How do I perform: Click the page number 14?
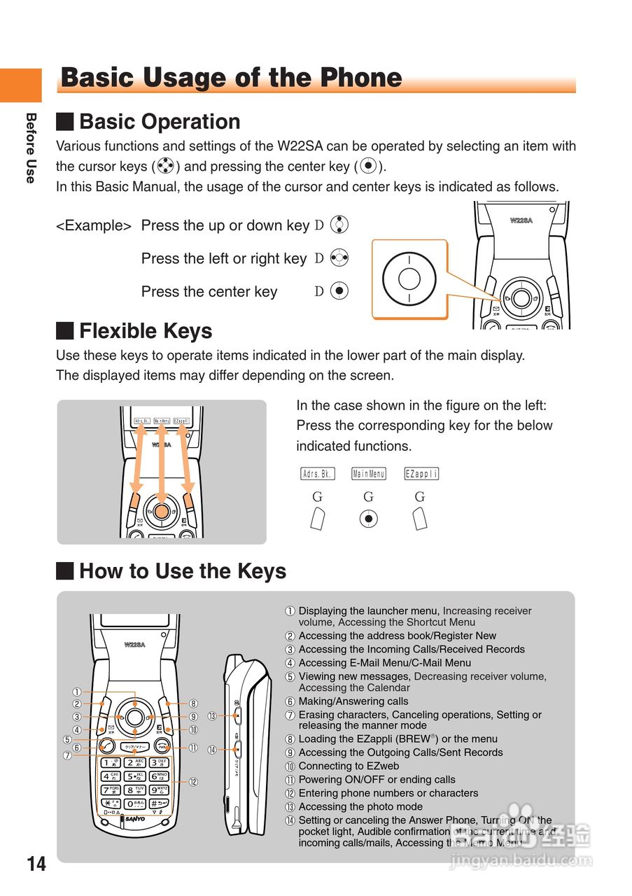pyautogui.click(x=36, y=864)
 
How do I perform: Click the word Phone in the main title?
pyautogui.click(x=360, y=78)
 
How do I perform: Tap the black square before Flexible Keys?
pyautogui.click(x=64, y=330)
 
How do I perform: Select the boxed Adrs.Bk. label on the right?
pyautogui.click(x=317, y=474)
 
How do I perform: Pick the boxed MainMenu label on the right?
pyautogui.click(x=368, y=474)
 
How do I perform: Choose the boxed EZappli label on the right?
pyautogui.click(x=421, y=474)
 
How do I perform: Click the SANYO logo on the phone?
pyautogui.click(x=135, y=818)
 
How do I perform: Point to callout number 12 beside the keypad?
pyautogui.click(x=193, y=782)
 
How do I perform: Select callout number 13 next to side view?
pyautogui.click(x=212, y=716)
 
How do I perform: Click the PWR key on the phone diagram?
pyautogui.click(x=162, y=746)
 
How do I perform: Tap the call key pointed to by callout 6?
pyautogui.click(x=108, y=746)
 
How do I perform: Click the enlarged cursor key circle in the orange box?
pyautogui.click(x=409, y=279)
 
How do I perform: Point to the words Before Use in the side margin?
pyautogui.click(x=30, y=148)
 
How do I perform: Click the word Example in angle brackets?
pyautogui.click(x=94, y=226)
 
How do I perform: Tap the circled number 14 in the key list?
pyautogui.click(x=290, y=820)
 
